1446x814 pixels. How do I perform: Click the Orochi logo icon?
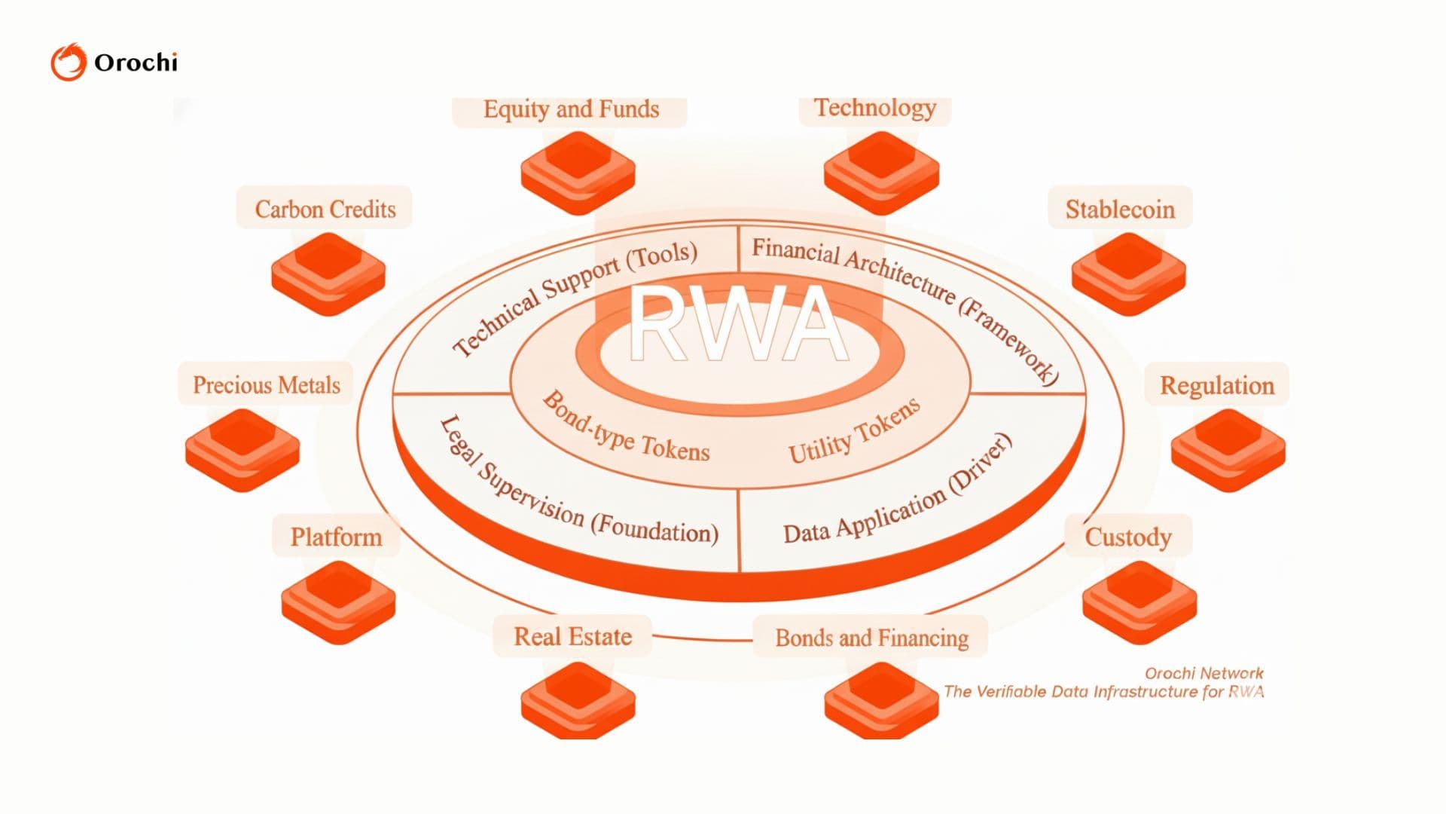pyautogui.click(x=69, y=62)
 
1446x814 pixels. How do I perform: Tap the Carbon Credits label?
pyautogui.click(x=325, y=209)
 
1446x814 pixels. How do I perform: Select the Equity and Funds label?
pyautogui.click(x=571, y=109)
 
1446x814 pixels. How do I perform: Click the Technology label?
pyautogui.click(x=875, y=108)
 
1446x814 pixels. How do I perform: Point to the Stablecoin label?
pyautogui.click(x=1120, y=209)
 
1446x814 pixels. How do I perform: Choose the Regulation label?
pyautogui.click(x=1216, y=385)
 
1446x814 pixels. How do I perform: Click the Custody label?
pyautogui.click(x=1127, y=537)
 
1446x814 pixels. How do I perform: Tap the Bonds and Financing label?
pyautogui.click(x=871, y=638)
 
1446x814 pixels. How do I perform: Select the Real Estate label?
pyautogui.click(x=572, y=636)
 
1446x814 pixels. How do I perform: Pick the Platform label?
pyautogui.click(x=336, y=537)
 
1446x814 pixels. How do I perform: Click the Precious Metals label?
pyautogui.click(x=266, y=384)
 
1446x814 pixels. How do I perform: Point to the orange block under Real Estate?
pyautogui.click(x=578, y=701)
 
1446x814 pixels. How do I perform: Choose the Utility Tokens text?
pyautogui.click(x=854, y=432)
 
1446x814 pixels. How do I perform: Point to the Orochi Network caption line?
pyautogui.click(x=1203, y=673)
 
